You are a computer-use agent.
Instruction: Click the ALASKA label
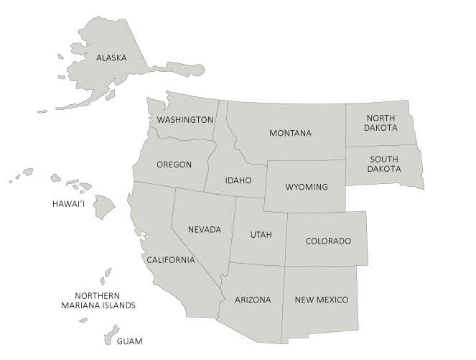(x=111, y=58)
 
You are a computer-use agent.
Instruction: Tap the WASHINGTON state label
(x=185, y=119)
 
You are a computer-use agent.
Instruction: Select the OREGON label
(x=174, y=165)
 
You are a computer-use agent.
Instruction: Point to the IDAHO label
(x=238, y=180)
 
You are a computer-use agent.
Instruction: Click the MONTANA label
(x=290, y=134)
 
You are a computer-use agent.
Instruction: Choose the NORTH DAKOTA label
(x=381, y=123)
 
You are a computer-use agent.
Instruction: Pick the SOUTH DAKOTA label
(x=384, y=165)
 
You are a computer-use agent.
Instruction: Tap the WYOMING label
(x=306, y=187)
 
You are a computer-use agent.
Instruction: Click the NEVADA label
(x=205, y=230)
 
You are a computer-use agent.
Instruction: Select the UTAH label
(x=261, y=235)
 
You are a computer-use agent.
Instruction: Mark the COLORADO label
(x=328, y=241)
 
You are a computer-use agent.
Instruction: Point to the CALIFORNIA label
(x=171, y=259)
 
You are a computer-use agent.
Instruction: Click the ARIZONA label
(x=253, y=300)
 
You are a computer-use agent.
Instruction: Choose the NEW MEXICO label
(x=321, y=300)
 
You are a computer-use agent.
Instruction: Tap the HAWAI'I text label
(x=69, y=204)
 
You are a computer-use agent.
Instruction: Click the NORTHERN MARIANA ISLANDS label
(x=97, y=300)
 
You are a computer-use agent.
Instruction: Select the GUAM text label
(x=130, y=341)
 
